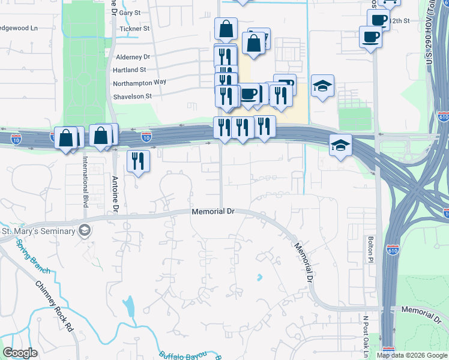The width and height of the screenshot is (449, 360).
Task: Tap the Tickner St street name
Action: tap(134, 29)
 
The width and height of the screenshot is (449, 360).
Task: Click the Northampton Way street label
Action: tap(139, 82)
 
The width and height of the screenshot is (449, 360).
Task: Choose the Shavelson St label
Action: tap(133, 96)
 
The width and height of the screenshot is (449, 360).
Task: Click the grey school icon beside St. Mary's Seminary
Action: tap(85, 230)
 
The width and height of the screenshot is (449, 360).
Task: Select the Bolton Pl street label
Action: tap(371, 248)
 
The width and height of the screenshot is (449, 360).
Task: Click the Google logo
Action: tap(21, 353)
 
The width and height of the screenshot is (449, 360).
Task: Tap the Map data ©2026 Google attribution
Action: tap(411, 355)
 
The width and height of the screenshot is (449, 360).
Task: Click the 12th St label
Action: tap(399, 20)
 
